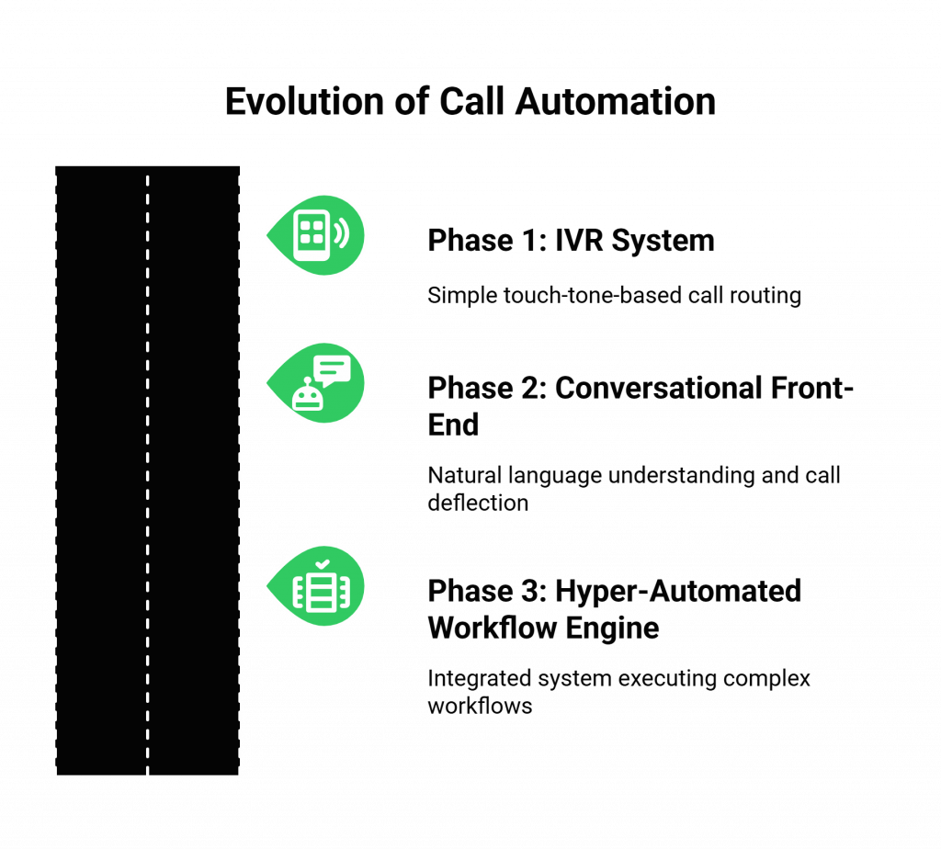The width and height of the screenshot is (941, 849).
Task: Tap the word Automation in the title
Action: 616,101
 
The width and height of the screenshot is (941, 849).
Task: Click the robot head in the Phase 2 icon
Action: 306,395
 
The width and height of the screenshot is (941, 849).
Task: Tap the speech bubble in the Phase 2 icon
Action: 332,368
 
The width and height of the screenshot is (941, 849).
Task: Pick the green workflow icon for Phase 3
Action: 316,588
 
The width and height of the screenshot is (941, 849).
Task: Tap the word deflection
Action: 478,503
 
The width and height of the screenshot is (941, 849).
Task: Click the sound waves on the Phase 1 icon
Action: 342,234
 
